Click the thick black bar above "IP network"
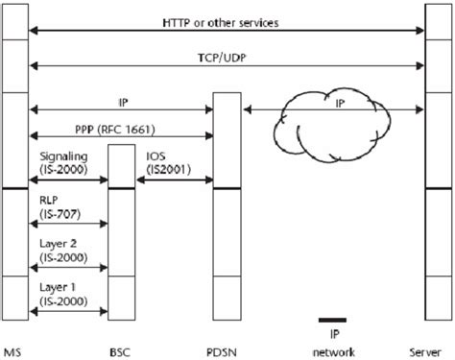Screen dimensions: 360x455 331,319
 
